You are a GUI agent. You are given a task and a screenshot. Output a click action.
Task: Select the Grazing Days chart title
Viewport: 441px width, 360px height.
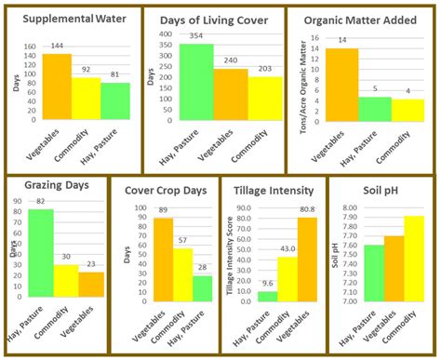coord(58,185)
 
